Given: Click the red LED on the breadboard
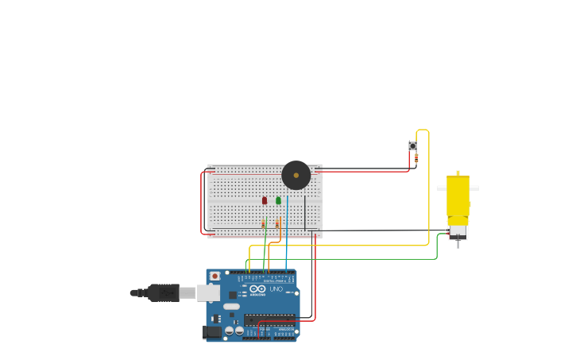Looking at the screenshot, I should (x=265, y=200).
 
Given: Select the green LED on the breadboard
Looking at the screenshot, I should (x=278, y=200).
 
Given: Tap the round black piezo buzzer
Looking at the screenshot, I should (x=296, y=175).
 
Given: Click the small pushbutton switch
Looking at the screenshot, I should (x=412, y=145).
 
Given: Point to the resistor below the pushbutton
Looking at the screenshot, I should (x=416, y=158).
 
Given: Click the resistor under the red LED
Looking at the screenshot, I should (x=264, y=224).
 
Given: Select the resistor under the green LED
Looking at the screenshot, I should (x=277, y=224).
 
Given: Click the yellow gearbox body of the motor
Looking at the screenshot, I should (x=458, y=195).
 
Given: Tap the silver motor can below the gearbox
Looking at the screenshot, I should (x=458, y=232).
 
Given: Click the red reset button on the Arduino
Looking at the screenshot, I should (x=215, y=276).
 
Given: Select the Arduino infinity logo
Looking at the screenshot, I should (x=258, y=289).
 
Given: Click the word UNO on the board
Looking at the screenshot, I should (x=276, y=289).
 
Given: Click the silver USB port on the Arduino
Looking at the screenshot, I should (x=208, y=292).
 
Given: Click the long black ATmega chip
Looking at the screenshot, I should (x=269, y=319).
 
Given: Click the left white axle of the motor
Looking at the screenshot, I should (x=441, y=188).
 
